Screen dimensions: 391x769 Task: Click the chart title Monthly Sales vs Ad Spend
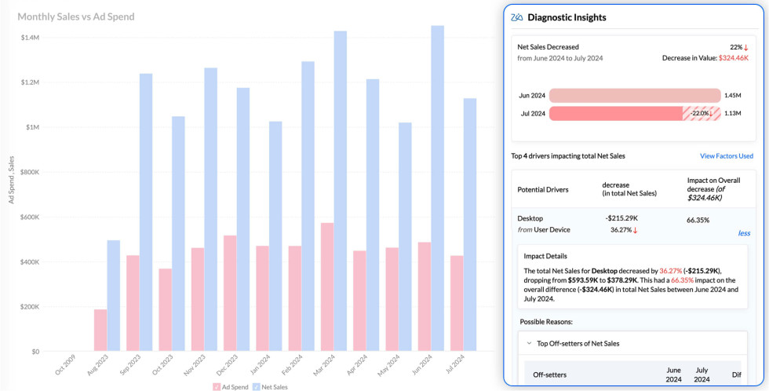[75, 16]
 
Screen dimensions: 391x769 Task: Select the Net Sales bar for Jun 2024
[437, 188]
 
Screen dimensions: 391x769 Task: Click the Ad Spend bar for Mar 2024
[326, 287]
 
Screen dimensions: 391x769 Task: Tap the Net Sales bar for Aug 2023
[114, 295]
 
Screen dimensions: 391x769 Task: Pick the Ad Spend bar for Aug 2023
[100, 330]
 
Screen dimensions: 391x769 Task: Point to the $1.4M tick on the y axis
[31, 38]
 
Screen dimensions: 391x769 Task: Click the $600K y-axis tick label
[31, 217]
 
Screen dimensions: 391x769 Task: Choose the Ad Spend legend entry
[231, 386]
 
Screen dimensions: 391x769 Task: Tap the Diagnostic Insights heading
[567, 17]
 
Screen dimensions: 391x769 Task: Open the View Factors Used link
[726, 156]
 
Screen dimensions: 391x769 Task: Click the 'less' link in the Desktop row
[744, 233]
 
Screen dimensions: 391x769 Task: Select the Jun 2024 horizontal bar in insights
[634, 95]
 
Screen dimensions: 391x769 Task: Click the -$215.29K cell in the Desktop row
[621, 218]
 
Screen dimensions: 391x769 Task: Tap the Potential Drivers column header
[543, 189]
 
